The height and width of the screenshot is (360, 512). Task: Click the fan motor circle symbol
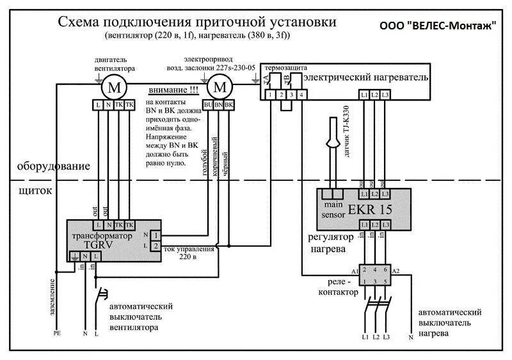pos(115,86)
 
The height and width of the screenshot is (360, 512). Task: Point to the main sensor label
pos(333,210)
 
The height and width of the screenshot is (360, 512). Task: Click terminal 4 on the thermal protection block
pos(301,95)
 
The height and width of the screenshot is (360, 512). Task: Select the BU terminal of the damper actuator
pos(209,104)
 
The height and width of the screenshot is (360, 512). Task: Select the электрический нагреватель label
pos(365,77)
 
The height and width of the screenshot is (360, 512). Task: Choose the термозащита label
pos(285,67)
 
